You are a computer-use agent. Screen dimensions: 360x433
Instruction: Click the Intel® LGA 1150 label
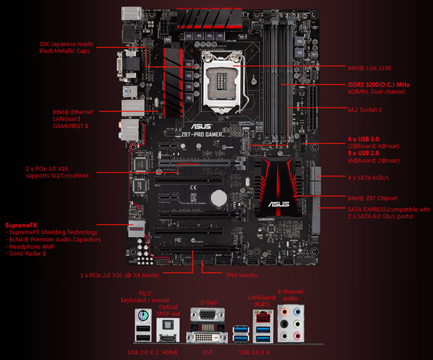point(370,68)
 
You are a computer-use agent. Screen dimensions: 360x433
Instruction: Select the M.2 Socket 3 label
point(368,109)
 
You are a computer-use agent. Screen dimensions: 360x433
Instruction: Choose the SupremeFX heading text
point(23,225)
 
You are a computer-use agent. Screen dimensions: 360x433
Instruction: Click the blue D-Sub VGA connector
point(205,315)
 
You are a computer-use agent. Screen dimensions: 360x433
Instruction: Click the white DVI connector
point(207,337)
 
